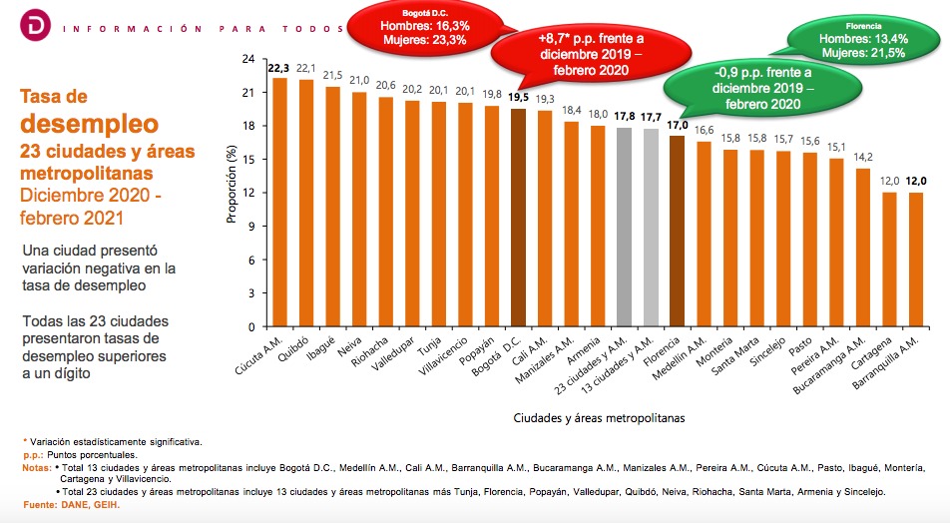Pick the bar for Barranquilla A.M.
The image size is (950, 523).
[x=916, y=260]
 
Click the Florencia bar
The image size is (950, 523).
[x=678, y=232]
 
